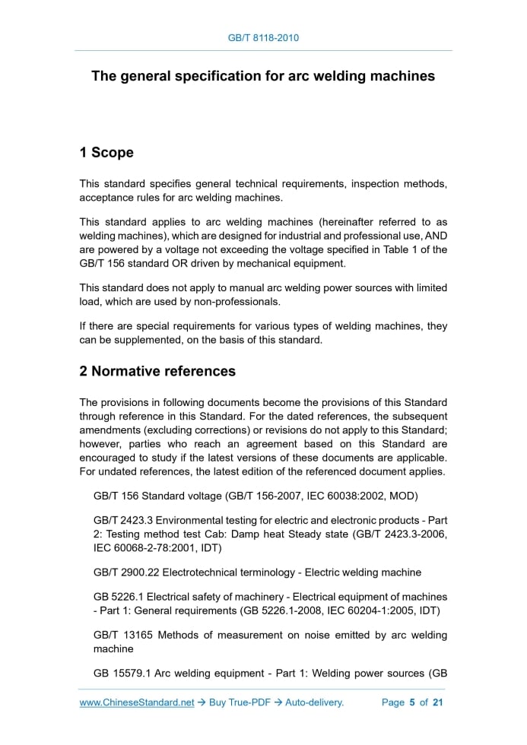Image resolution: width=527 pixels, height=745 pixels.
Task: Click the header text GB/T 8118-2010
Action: [263, 37]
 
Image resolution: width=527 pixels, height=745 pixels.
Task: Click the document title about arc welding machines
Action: [263, 76]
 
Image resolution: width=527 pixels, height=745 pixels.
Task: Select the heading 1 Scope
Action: [106, 153]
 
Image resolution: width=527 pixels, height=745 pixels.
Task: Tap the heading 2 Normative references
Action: [157, 372]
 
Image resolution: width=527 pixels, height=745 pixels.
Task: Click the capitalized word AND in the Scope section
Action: [435, 236]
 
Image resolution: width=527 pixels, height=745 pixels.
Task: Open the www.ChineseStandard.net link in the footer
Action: [137, 702]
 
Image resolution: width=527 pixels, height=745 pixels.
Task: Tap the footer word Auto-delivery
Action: [314, 702]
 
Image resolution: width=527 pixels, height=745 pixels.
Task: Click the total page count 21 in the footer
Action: [437, 702]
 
